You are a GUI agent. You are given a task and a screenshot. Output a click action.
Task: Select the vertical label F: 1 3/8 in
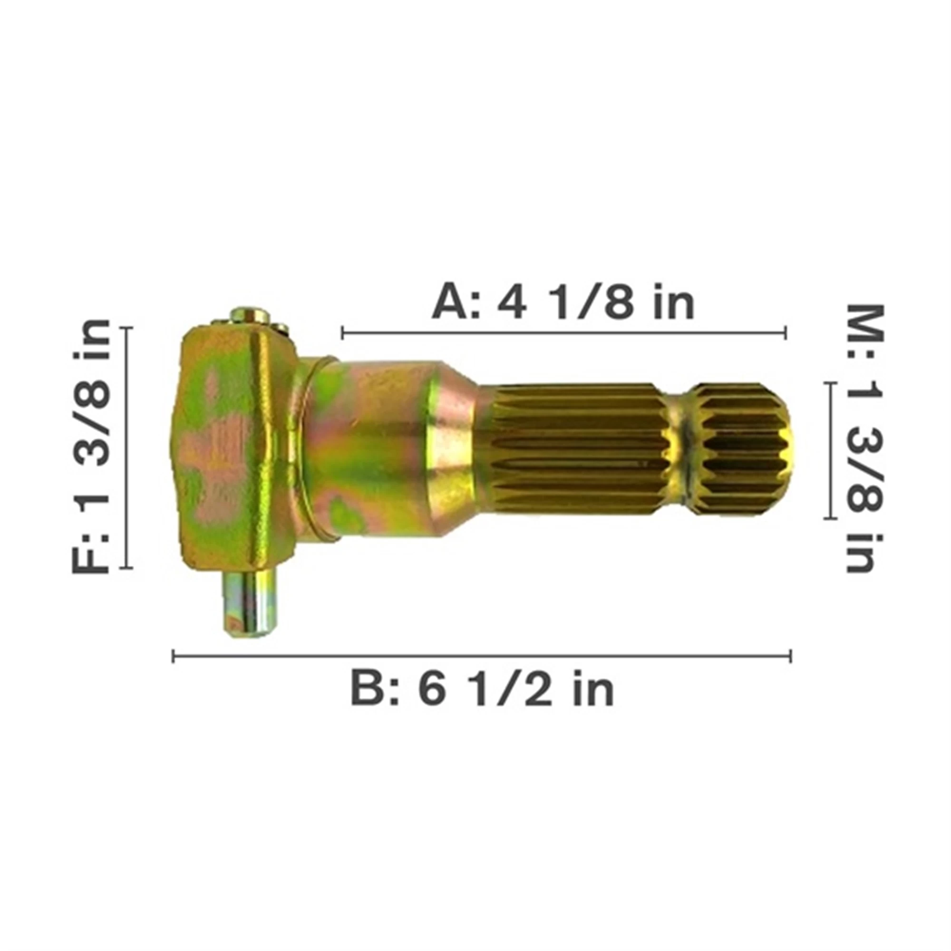click(90, 446)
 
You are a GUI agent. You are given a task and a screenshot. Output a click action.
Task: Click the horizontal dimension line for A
click(563, 333)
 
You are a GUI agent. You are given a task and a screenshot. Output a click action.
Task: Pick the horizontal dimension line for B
click(482, 656)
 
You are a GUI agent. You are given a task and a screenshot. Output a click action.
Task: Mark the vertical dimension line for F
click(126, 447)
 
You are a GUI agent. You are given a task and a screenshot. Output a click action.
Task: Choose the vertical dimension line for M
click(830, 450)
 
